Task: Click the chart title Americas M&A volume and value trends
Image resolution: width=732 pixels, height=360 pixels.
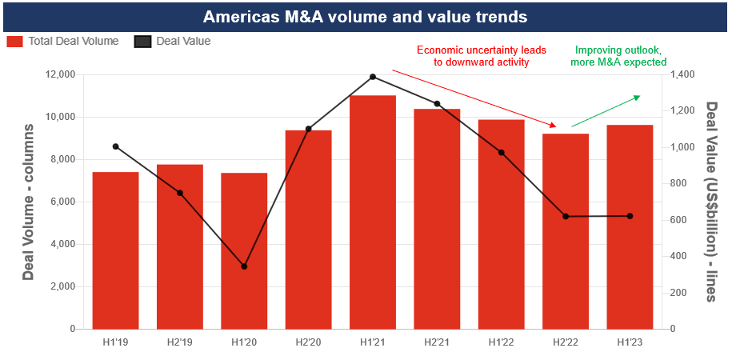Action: point(365,17)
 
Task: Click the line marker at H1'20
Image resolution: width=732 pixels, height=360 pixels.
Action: point(244,266)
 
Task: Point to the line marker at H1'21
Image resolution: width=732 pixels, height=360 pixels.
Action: point(373,77)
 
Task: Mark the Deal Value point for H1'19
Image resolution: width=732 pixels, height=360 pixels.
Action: point(115,146)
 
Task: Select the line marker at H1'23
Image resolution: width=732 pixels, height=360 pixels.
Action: point(630,216)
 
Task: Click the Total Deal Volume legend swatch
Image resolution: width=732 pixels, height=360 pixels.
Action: point(15,41)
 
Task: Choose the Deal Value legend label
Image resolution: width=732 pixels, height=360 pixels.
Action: point(183,41)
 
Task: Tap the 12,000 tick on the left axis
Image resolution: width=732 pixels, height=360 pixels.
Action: point(60,74)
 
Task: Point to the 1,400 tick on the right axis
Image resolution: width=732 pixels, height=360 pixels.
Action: point(682,74)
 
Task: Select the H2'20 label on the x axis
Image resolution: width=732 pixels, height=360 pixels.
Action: point(308,343)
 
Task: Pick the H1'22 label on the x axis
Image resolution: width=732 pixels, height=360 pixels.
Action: point(501,343)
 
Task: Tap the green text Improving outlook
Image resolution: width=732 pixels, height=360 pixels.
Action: point(618,50)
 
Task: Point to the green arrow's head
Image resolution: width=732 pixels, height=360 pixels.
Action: point(638,97)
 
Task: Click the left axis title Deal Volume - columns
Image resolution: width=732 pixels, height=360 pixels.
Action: point(29,202)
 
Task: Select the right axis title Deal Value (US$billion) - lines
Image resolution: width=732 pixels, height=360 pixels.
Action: point(710,202)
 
